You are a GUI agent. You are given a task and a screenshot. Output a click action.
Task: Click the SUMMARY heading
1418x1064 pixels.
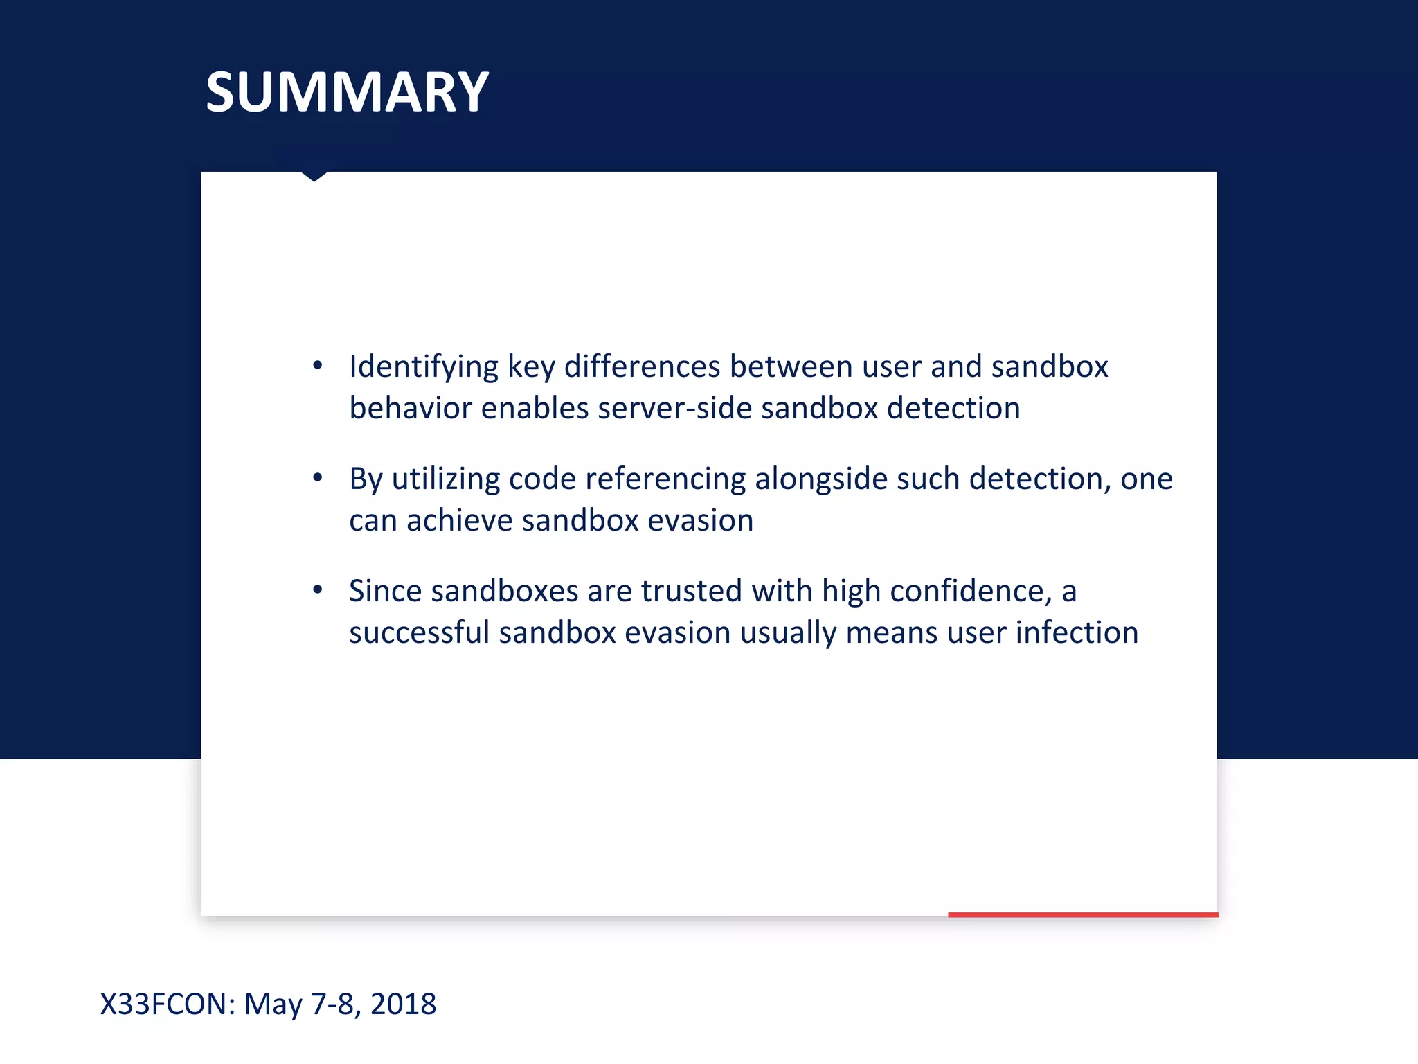point(347,92)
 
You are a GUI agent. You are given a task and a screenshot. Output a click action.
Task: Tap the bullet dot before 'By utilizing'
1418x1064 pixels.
point(318,477)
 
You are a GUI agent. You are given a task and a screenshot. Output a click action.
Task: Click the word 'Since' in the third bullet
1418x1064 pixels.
point(385,591)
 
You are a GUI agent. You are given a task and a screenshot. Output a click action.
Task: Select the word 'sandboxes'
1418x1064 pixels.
point(504,591)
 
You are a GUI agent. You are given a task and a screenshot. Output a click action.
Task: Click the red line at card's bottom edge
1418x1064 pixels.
point(1082,914)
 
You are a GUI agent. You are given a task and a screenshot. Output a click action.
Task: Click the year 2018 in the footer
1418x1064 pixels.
point(403,1004)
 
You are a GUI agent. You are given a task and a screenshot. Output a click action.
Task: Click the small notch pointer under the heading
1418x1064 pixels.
point(314,177)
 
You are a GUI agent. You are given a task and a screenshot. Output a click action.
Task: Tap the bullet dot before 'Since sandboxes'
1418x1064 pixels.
point(318,589)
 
